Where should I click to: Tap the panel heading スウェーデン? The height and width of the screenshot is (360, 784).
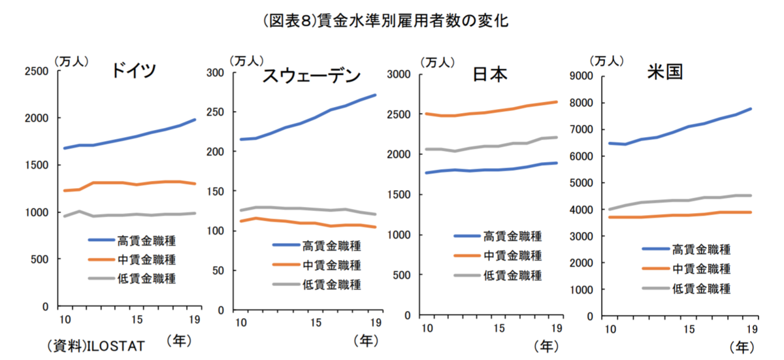click(311, 76)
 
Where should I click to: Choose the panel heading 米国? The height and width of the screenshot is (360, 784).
click(664, 71)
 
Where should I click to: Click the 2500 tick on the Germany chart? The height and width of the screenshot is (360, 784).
click(35, 71)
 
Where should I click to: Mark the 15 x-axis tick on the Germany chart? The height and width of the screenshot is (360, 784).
click(137, 320)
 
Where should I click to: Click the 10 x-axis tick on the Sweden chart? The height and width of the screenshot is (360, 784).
click(240, 323)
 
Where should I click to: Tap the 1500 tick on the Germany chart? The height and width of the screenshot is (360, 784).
click(35, 165)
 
